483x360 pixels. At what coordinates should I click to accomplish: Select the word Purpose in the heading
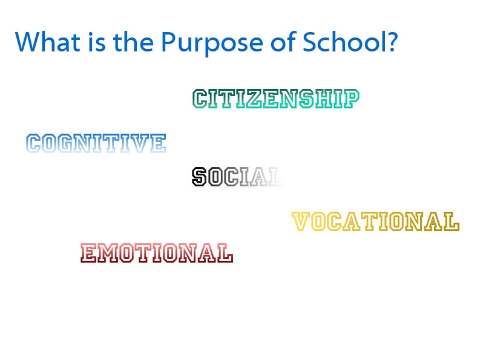coord(212,44)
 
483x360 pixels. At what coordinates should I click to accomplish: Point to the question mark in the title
coord(392,41)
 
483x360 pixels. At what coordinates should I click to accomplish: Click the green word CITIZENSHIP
coord(275,99)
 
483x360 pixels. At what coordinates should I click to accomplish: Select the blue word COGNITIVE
coord(96,143)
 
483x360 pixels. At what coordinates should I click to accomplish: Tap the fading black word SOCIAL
coord(237,177)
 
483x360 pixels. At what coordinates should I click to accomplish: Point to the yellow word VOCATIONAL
coord(375,221)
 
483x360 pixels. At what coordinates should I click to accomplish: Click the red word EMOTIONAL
coord(157,253)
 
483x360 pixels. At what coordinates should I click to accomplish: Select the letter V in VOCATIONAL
coord(300,221)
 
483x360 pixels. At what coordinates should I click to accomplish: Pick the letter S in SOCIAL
coord(199,177)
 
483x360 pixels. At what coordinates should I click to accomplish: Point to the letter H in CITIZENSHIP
coord(324,99)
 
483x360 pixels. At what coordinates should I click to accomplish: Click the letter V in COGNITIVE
coord(139,143)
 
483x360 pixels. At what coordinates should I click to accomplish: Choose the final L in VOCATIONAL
coord(452,221)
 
